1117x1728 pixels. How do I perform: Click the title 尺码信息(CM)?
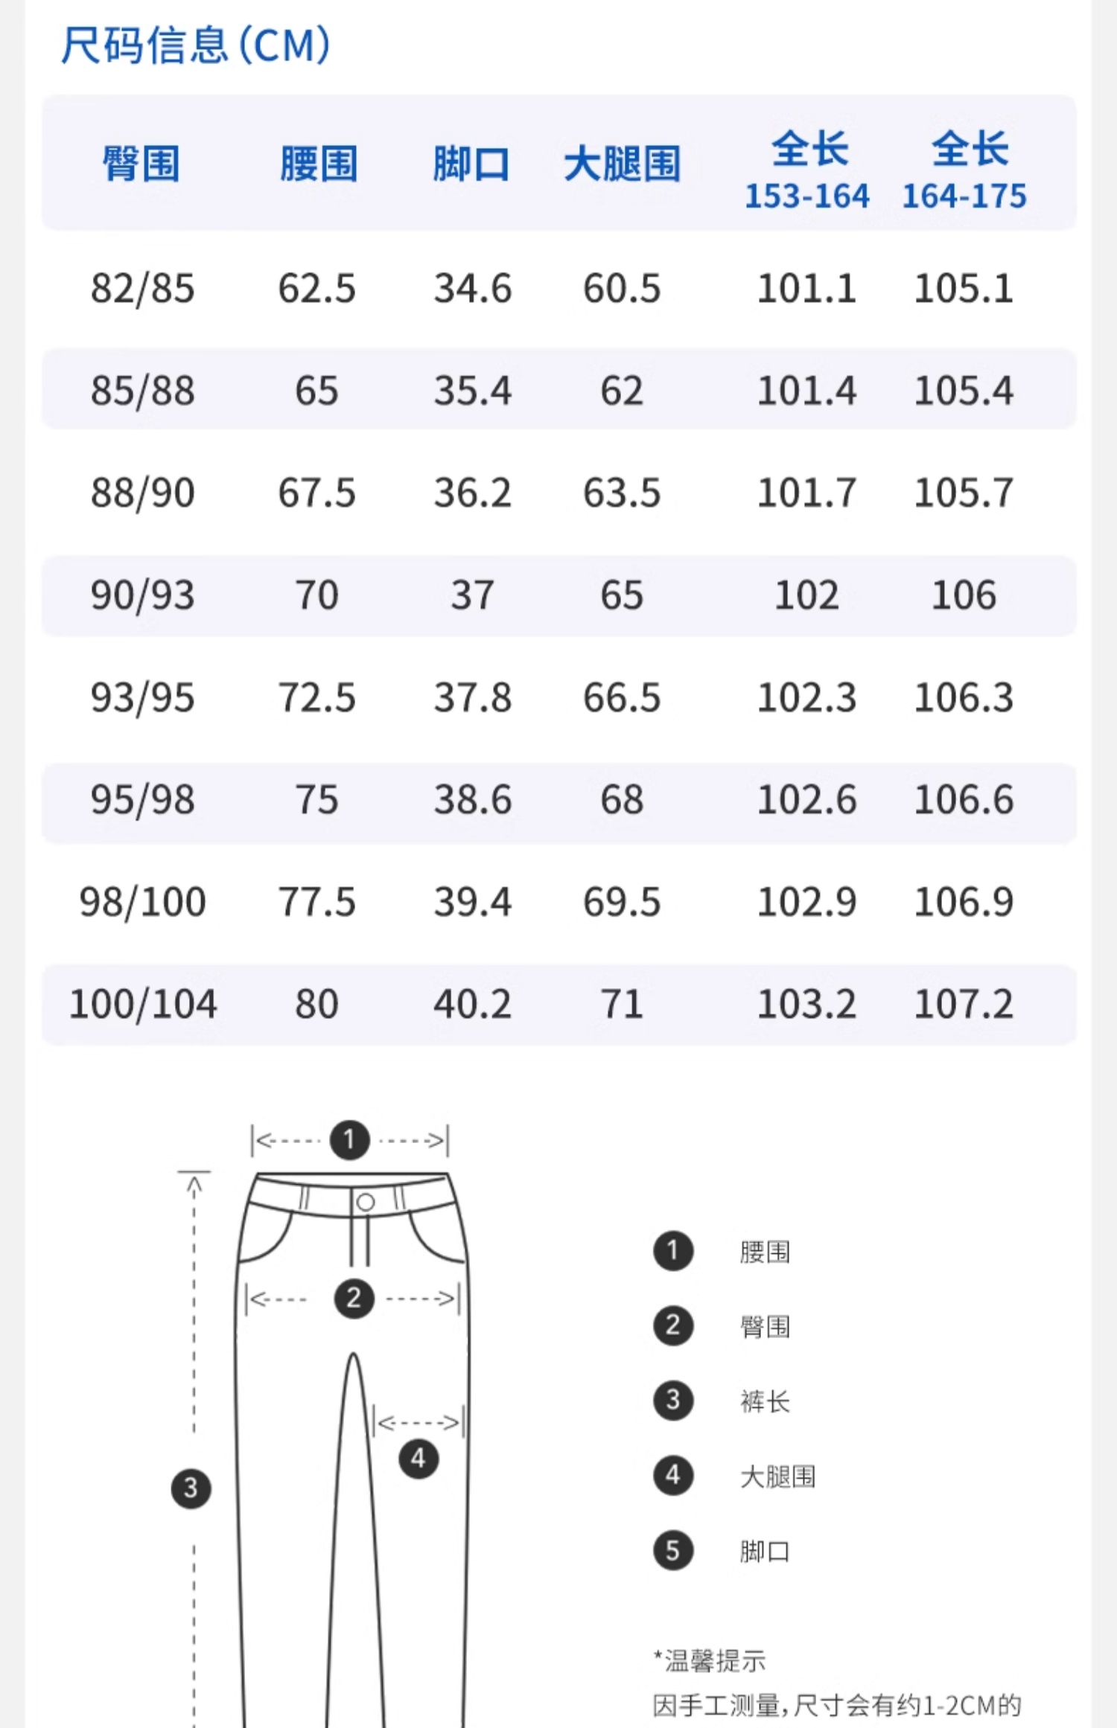coord(195,45)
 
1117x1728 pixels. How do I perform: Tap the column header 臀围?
coord(141,163)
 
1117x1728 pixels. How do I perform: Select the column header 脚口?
coord(471,163)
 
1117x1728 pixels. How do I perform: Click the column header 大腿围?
coord(623,163)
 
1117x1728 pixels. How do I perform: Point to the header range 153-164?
coord(807,196)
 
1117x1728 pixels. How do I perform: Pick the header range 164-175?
coord(964,196)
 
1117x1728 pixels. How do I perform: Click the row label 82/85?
coord(142,288)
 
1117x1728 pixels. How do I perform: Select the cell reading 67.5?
coord(317,493)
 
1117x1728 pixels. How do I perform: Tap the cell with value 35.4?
coord(473,391)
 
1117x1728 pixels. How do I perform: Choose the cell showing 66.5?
coord(622,697)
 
